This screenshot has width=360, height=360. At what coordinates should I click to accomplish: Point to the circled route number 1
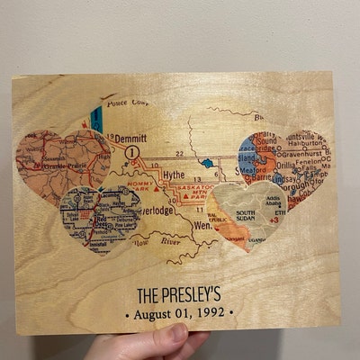click(x=132, y=154)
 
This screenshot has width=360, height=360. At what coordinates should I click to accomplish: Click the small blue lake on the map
click(x=208, y=165)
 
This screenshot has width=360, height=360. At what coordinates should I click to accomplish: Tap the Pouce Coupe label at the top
click(x=126, y=104)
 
